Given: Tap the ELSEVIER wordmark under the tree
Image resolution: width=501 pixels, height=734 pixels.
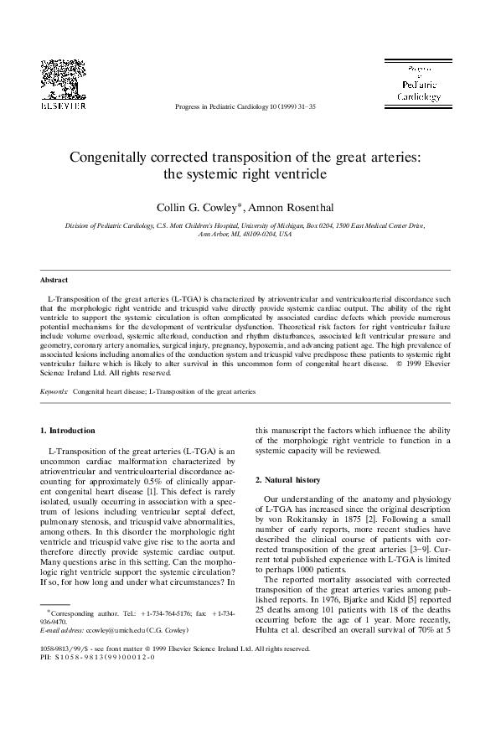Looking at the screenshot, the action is pos(64,106).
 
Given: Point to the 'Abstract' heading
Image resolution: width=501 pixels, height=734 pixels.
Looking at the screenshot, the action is pos(54,280).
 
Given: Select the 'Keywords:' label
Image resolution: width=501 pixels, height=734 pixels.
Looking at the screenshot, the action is pos(54,391).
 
